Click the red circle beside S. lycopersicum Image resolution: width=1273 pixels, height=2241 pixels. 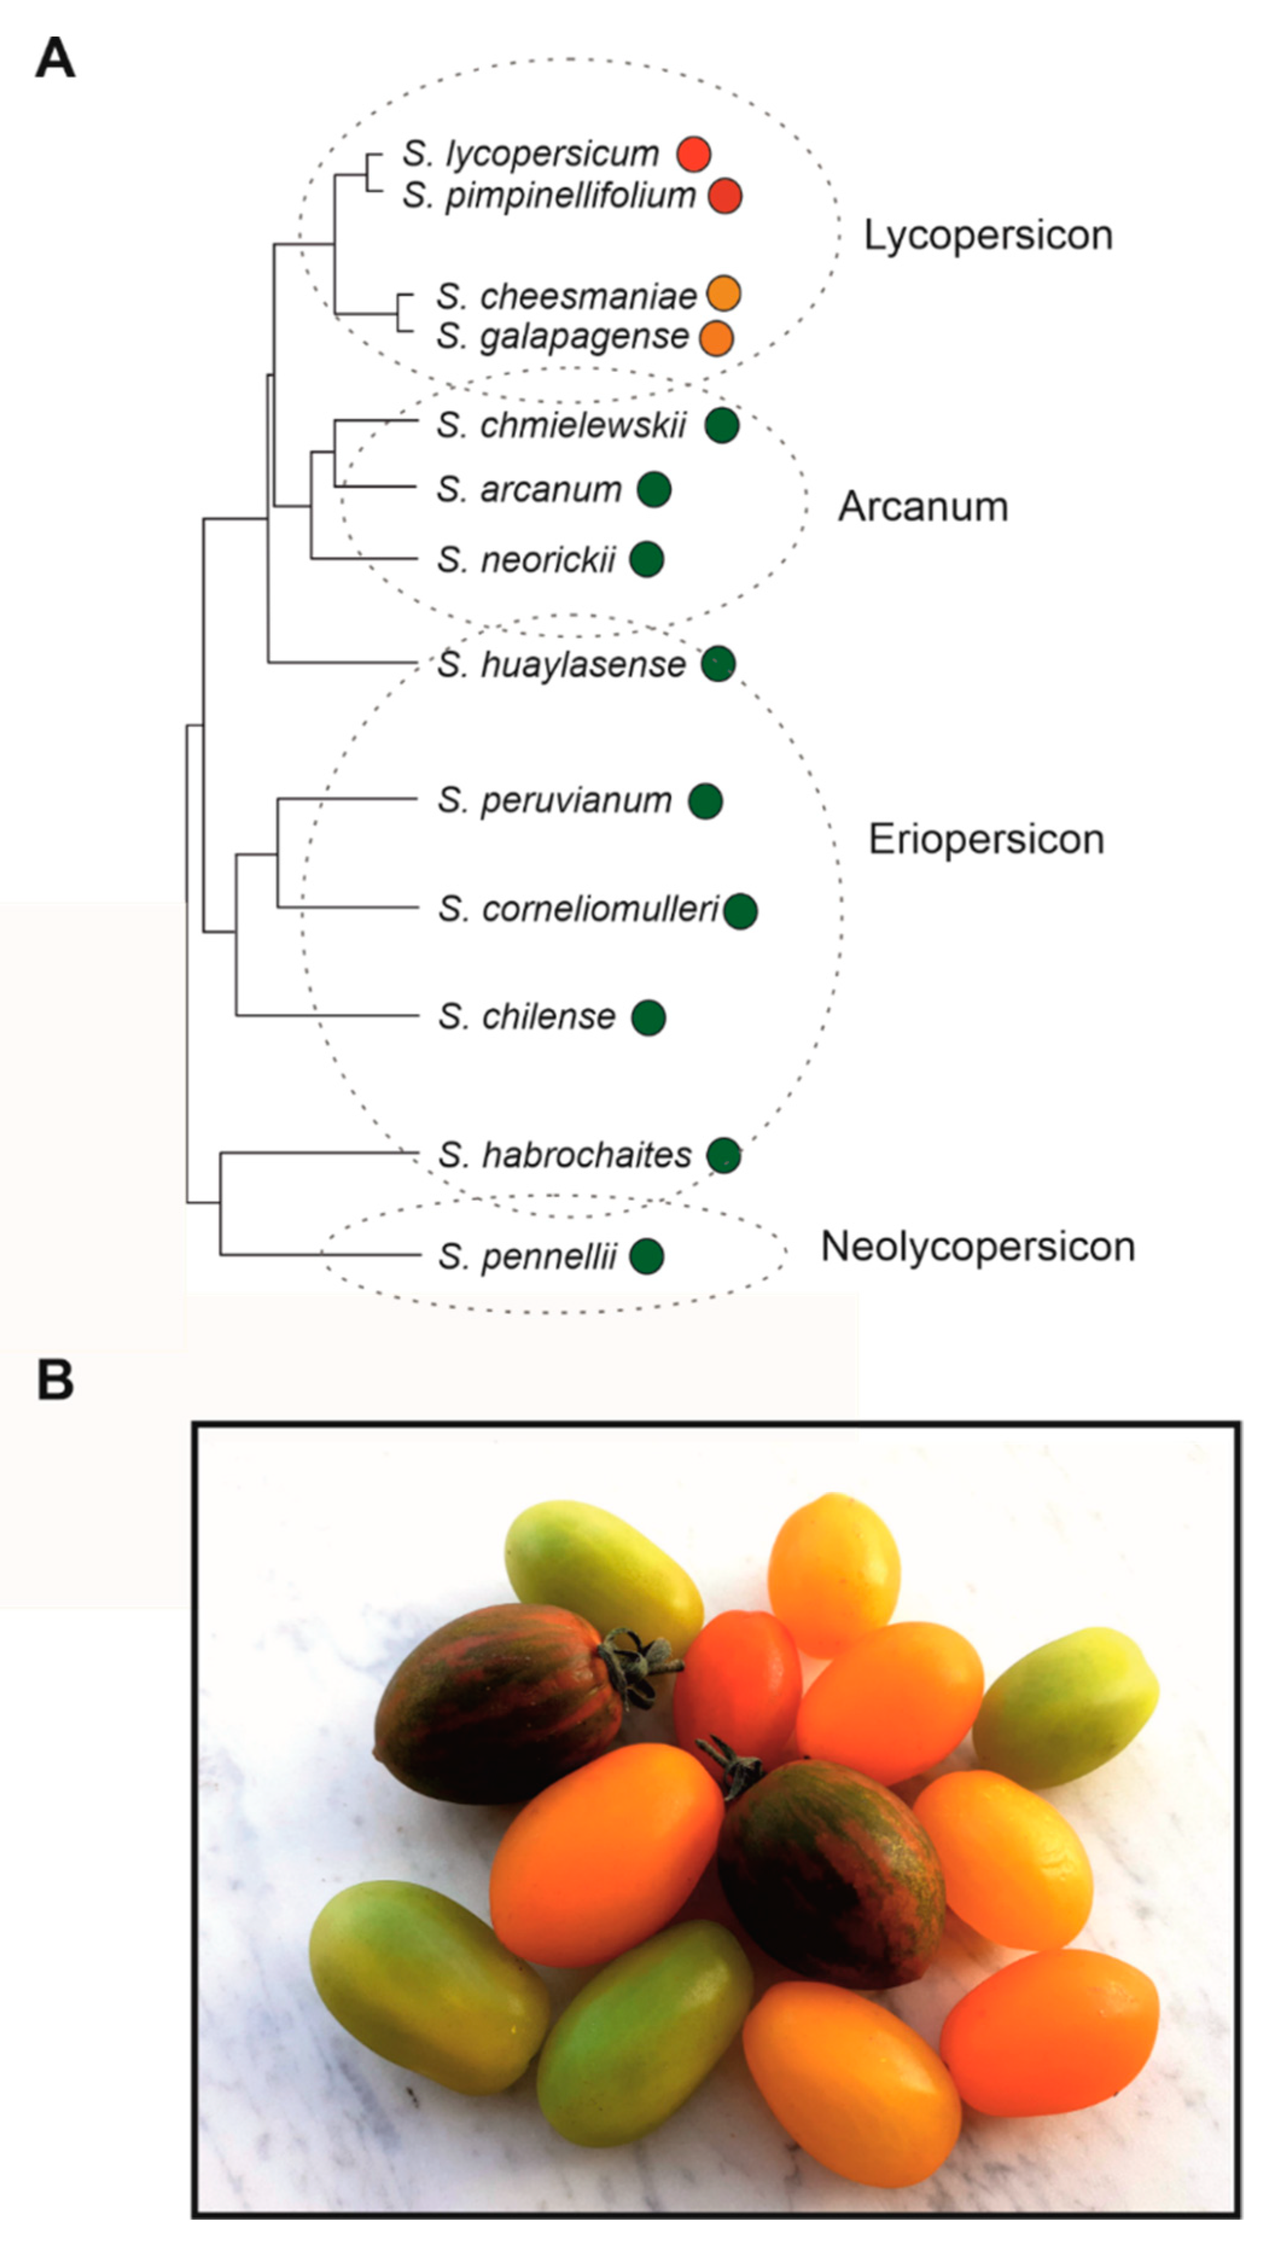(694, 154)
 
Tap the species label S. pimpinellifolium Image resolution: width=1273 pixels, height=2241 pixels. (548, 195)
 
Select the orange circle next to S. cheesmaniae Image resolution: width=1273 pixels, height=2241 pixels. (723, 294)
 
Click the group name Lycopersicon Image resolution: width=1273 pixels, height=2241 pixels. (988, 235)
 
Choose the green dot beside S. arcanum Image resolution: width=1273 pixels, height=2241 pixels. (653, 490)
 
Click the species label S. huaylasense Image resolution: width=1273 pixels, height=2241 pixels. (561, 665)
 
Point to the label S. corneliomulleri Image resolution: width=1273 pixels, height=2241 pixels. (578, 909)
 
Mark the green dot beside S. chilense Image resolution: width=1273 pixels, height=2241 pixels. (648, 1017)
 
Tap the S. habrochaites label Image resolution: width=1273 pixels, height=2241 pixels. (565, 1155)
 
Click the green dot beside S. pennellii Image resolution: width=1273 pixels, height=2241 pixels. (646, 1256)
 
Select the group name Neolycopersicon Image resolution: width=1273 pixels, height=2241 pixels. (977, 1247)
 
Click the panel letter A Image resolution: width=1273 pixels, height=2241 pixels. (54, 59)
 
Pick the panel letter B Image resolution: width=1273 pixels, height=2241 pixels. (54, 1381)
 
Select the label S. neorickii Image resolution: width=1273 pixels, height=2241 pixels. (526, 560)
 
